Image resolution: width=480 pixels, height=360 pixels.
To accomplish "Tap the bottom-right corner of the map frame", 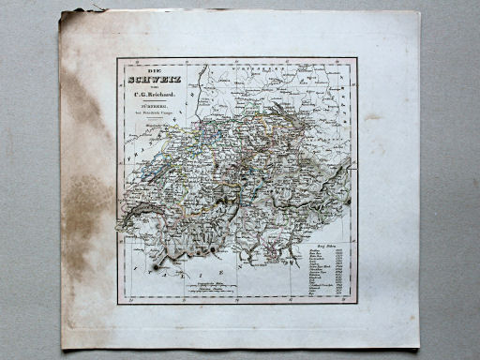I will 357,303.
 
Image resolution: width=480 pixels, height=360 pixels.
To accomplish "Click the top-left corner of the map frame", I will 117,58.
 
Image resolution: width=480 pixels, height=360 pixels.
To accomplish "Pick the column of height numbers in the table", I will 345,272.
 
